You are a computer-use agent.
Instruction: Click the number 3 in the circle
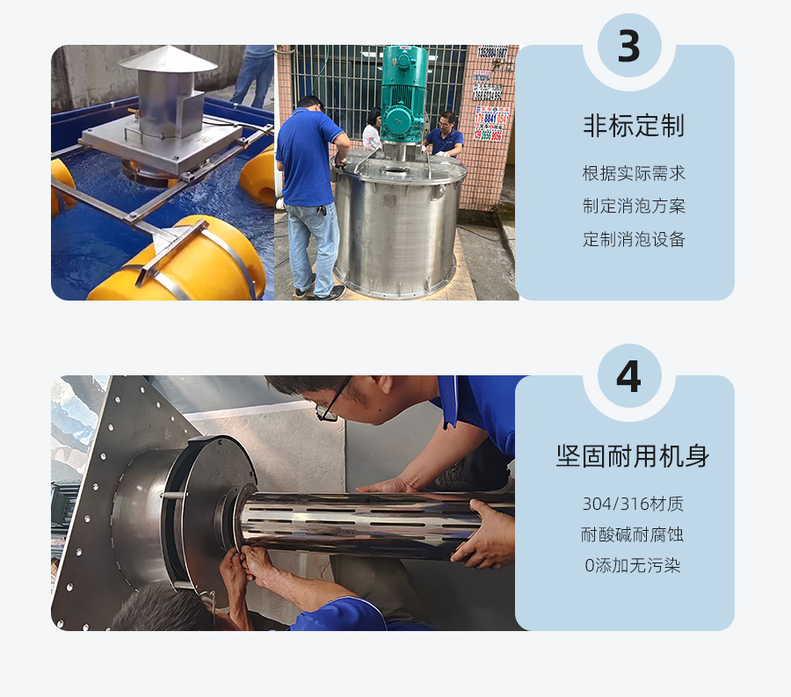click(x=628, y=47)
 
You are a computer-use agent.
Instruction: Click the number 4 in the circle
click(x=628, y=377)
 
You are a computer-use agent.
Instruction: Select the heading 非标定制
click(x=633, y=127)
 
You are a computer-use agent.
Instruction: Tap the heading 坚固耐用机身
click(x=633, y=456)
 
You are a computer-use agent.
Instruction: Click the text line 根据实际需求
click(x=633, y=173)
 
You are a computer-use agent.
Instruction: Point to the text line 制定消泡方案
click(x=633, y=207)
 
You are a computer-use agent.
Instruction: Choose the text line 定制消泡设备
click(x=633, y=239)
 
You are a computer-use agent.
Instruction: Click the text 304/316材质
click(x=633, y=504)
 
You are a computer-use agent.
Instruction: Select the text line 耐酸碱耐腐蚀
click(x=633, y=534)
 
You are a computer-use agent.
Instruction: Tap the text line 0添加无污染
click(x=633, y=565)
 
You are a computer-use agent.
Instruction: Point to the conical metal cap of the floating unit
click(x=168, y=60)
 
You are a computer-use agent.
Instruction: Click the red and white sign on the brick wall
click(x=491, y=123)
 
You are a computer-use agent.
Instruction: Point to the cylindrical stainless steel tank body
click(x=395, y=229)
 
